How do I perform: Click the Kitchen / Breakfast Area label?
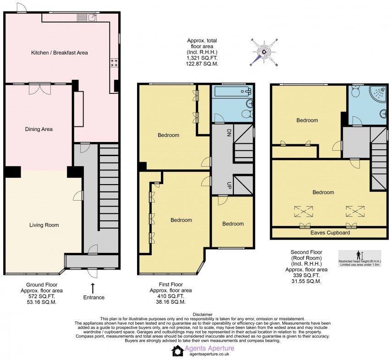point(59,53)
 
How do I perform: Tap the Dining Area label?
point(39,129)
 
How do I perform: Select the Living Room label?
point(44,225)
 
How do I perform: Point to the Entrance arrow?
point(93,288)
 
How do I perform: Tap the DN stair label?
point(229,134)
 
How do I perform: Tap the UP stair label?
point(229,185)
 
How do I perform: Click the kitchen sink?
point(93,17)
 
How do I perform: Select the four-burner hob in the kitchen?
point(114,63)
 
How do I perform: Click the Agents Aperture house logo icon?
point(177,351)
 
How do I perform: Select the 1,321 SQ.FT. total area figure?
point(202,59)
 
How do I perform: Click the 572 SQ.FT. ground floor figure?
point(42,296)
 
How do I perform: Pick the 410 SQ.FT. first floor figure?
point(171,296)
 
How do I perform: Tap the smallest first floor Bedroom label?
point(233,224)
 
